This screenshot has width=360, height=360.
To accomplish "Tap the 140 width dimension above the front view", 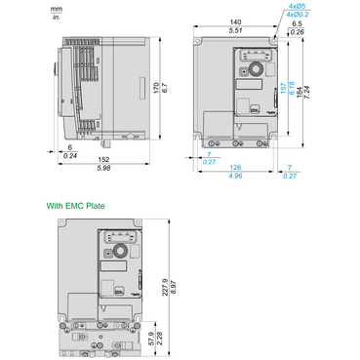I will pyautogui.click(x=233, y=22).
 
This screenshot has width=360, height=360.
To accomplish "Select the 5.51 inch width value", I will pyautogui.click(x=233, y=31).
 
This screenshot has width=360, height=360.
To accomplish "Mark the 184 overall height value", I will pyautogui.click(x=328, y=90).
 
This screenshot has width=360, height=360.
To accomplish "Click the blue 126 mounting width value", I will pyautogui.click(x=234, y=168).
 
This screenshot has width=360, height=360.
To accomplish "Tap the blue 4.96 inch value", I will pyautogui.click(x=234, y=177).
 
